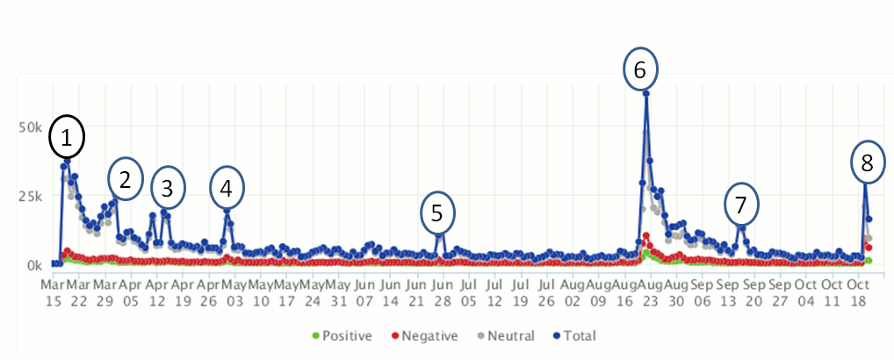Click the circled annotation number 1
coord(67,137)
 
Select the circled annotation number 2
coord(126,180)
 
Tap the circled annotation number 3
coord(168,186)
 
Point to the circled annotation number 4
coord(227,186)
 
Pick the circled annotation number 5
coord(437,212)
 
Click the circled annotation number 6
coord(639,68)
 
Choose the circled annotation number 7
coord(741,205)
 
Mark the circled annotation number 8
coord(867,162)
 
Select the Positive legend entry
coord(342,335)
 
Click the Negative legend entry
coord(425,335)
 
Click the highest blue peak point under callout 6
coord(646,93)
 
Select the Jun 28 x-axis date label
coord(443,292)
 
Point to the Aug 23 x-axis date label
coord(650,292)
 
